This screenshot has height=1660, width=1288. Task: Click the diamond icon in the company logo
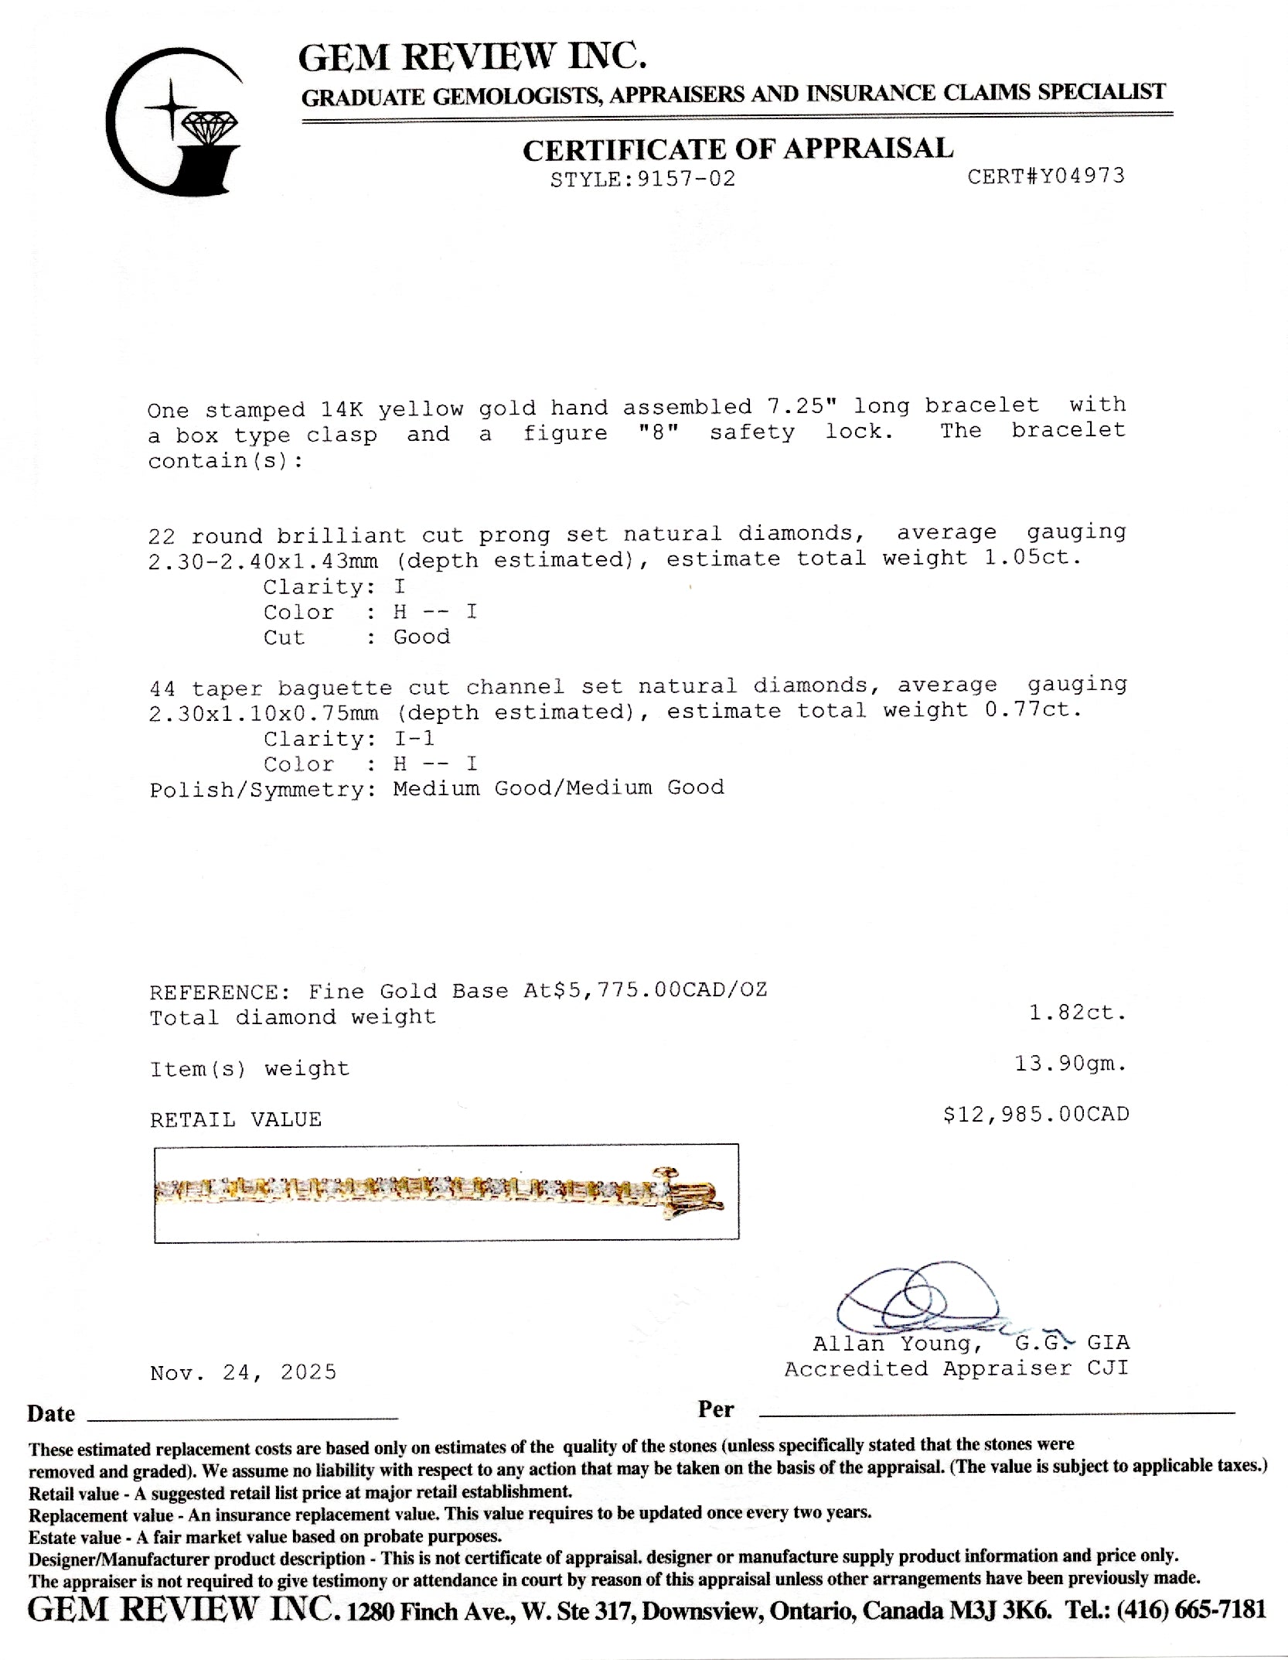(x=210, y=127)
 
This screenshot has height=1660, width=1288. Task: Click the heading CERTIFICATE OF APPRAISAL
(x=738, y=149)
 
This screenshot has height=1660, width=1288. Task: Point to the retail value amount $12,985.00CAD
(x=1035, y=1114)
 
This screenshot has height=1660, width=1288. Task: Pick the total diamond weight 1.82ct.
(x=1077, y=1013)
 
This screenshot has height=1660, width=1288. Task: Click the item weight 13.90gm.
(x=1070, y=1064)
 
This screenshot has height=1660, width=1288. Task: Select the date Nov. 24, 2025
(x=243, y=1372)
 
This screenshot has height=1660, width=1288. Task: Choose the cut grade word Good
(x=421, y=637)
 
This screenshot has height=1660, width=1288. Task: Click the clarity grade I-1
(x=414, y=738)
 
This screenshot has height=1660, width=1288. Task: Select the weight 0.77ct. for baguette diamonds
(x=1033, y=709)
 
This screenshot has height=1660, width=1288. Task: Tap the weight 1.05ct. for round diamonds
(x=1032, y=557)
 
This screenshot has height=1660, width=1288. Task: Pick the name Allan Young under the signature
(x=897, y=1344)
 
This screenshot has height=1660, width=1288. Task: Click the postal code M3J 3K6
(x=1000, y=1610)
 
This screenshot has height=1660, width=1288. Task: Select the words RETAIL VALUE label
(x=235, y=1119)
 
